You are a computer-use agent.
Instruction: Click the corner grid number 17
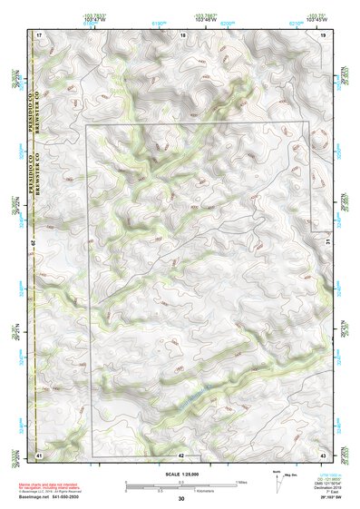click(x=39, y=34)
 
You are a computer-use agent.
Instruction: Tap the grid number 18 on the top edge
click(x=182, y=34)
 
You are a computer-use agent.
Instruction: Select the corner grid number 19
click(x=323, y=34)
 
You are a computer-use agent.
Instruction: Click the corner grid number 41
click(x=39, y=454)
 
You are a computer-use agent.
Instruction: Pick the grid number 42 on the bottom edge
click(x=182, y=454)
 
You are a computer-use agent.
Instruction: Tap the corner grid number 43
click(x=323, y=454)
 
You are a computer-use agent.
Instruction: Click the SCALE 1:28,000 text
click(x=181, y=474)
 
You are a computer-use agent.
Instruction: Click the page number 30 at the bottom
click(x=181, y=500)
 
